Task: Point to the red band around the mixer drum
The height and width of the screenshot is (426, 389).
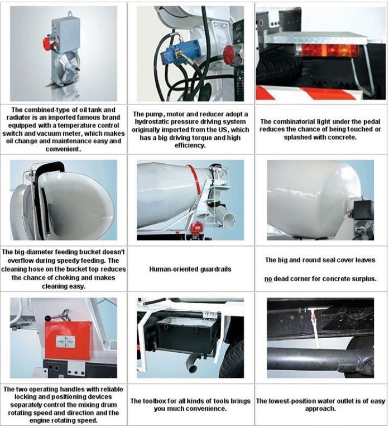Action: [195, 183]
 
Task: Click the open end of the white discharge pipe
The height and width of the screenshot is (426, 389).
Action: [230, 221]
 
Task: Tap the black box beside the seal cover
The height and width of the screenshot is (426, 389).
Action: [363, 209]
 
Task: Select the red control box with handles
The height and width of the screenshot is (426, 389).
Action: [68, 340]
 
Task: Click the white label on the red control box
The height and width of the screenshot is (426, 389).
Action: [66, 342]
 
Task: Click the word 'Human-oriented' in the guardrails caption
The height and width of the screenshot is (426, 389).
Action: [174, 269]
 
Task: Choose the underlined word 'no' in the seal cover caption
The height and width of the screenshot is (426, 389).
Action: [268, 279]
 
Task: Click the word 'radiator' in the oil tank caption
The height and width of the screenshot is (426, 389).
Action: [18, 117]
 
